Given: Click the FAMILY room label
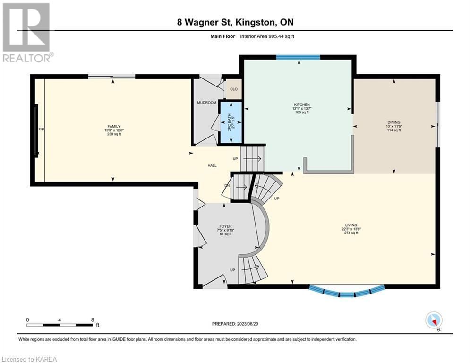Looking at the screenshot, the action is [x=114, y=126].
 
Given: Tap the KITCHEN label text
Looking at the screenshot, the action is [x=302, y=104].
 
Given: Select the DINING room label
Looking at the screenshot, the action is [x=394, y=122].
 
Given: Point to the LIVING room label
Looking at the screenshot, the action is [x=351, y=225].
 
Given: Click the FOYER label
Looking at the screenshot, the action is [x=225, y=226].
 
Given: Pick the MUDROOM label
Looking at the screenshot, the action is [x=206, y=103].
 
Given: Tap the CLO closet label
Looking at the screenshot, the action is [x=234, y=89].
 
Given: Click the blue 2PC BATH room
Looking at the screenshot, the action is [x=231, y=122].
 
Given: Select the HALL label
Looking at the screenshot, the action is [x=212, y=165].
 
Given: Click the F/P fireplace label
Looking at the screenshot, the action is [x=42, y=130].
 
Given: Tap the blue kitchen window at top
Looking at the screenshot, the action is [x=298, y=57].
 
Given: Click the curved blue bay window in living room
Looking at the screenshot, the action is [x=347, y=292].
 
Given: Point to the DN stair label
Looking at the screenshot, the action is [x=227, y=185].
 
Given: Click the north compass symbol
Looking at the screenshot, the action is [x=434, y=320].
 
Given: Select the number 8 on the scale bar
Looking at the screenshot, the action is [x=92, y=320].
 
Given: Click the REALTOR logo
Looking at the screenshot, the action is [x=26, y=33].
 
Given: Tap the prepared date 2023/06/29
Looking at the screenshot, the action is [x=248, y=324].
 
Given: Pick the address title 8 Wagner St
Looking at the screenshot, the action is [x=205, y=22].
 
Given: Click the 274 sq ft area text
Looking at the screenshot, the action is [x=351, y=233].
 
